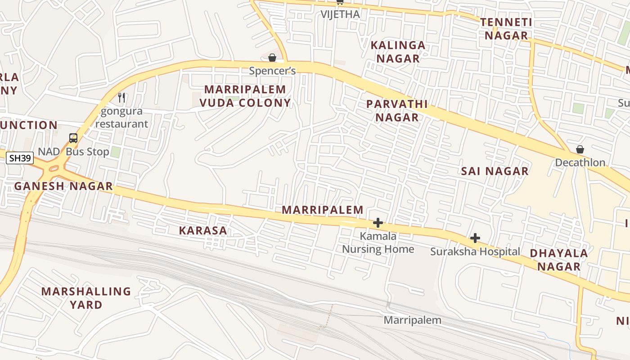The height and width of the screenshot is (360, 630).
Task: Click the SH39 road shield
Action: point(20,158)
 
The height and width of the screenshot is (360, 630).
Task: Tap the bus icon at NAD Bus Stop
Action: point(73,138)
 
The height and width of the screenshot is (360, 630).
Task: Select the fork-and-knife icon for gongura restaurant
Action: point(121,97)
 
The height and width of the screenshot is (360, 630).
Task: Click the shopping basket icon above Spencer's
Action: point(272,58)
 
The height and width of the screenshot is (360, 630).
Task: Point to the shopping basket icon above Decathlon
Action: point(580,149)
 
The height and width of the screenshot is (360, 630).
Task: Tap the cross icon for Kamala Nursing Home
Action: point(378,223)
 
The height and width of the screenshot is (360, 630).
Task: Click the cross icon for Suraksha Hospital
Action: point(475,238)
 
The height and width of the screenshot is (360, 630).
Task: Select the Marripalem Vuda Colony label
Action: point(245,96)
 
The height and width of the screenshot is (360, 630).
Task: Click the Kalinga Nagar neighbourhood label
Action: point(398,52)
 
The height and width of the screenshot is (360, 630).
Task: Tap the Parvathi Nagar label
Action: point(397,111)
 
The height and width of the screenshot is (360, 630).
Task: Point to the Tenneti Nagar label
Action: point(506,29)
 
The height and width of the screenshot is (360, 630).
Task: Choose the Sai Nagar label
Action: point(495,171)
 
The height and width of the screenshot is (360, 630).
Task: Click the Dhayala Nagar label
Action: point(559,260)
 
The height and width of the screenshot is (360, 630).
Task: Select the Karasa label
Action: point(203,230)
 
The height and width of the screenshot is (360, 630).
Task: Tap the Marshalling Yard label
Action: point(86,298)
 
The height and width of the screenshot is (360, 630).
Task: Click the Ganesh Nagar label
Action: point(63,186)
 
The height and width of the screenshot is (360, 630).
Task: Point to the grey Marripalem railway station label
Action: point(412,320)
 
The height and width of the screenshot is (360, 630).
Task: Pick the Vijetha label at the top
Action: point(340,14)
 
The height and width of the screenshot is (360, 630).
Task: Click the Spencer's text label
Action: point(272,71)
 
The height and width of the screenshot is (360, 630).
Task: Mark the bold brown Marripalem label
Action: point(323,210)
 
